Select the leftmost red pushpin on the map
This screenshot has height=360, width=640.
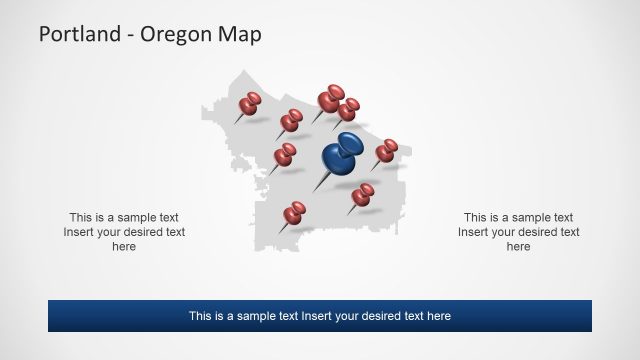tap(250, 103)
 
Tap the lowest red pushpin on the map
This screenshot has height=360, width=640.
tap(294, 212)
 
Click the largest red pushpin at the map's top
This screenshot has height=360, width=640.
tap(330, 98)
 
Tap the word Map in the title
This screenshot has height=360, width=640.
tap(243, 35)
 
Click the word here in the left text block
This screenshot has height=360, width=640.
tap(124, 247)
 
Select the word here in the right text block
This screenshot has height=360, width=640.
tap(518, 247)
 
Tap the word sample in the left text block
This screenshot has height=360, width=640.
tap(128, 217)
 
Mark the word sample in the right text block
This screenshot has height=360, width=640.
tap(522, 217)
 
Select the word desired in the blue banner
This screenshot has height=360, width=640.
tap(394, 316)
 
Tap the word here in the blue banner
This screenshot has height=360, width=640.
tap(438, 316)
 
